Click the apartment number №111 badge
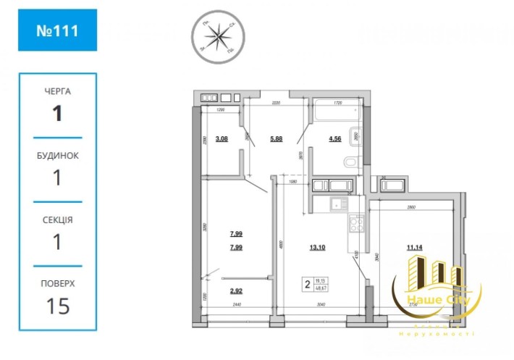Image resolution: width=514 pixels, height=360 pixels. pyautogui.click(x=57, y=30)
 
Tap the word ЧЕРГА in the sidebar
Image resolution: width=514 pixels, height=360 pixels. pyautogui.click(x=57, y=92)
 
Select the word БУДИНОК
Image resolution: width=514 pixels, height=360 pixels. pyautogui.click(x=57, y=155)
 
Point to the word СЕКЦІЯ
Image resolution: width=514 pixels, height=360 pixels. pyautogui.click(x=57, y=219)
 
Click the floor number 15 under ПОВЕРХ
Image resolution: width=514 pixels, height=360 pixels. pyautogui.click(x=57, y=306)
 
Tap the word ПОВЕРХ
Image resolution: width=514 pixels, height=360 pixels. pyautogui.click(x=57, y=284)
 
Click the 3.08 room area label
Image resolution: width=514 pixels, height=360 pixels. pyautogui.click(x=222, y=138)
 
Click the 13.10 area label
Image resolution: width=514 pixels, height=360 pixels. pyautogui.click(x=317, y=247)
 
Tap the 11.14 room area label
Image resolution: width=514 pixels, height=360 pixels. pyautogui.click(x=415, y=247)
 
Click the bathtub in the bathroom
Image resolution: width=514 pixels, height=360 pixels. pyautogui.click(x=335, y=113)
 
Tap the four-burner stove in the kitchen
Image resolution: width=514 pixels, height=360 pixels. pyautogui.click(x=356, y=224)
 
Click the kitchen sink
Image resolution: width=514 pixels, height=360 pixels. pyautogui.click(x=338, y=204)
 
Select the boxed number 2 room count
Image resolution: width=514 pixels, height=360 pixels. pyautogui.click(x=308, y=284)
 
